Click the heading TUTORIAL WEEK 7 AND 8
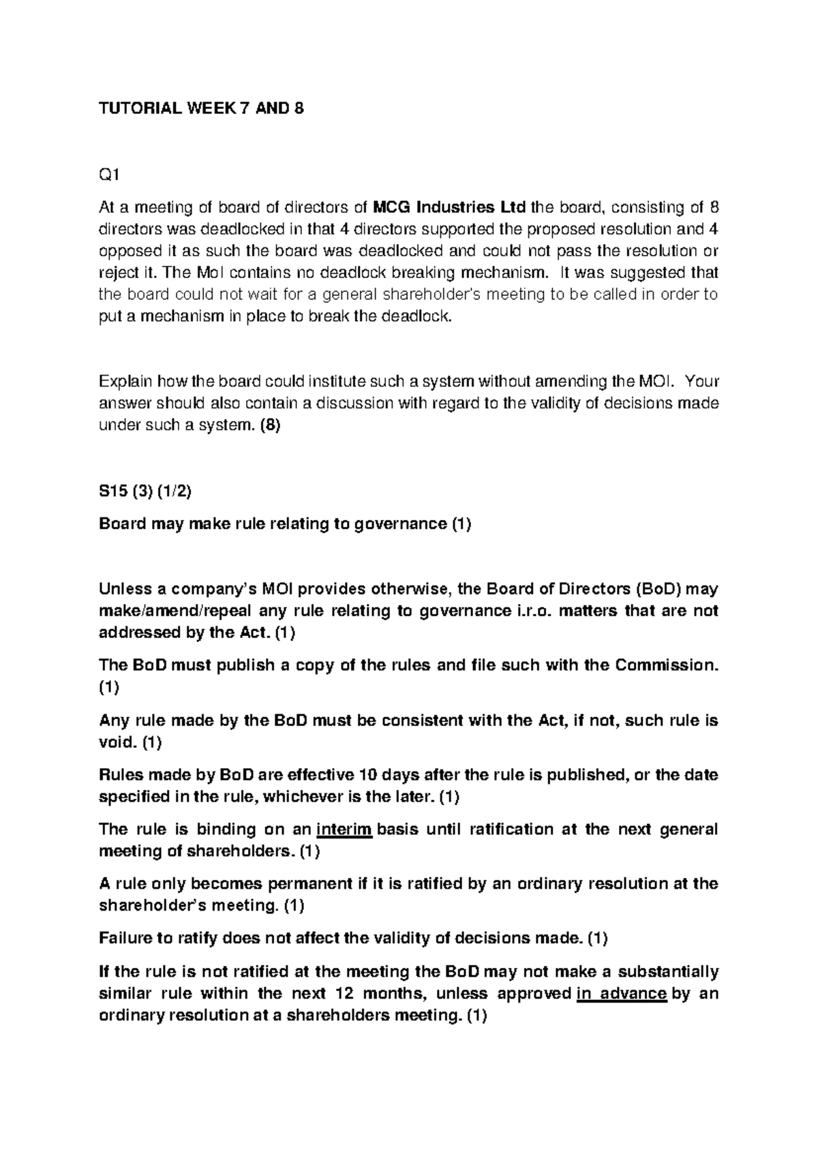pos(201,109)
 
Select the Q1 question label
pos(108,176)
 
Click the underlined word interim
pos(345,830)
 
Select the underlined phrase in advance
pos(621,993)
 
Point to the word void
pos(117,742)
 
